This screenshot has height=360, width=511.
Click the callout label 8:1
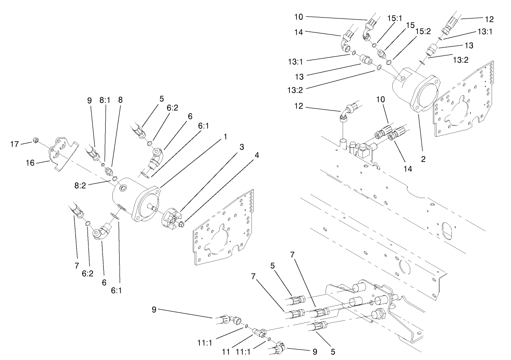(x=104, y=101)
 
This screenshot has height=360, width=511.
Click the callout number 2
(x=423, y=158)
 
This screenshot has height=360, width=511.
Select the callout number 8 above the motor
(x=120, y=101)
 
